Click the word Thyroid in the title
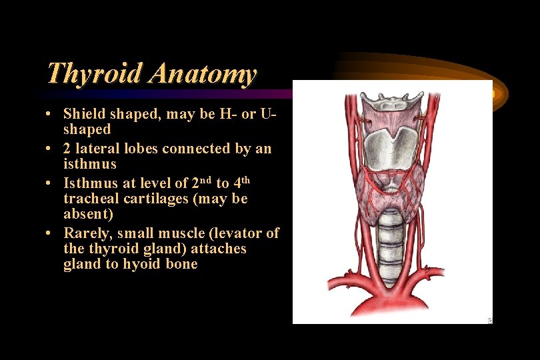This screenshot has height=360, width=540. (x=94, y=73)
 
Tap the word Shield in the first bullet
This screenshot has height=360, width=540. (x=83, y=114)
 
